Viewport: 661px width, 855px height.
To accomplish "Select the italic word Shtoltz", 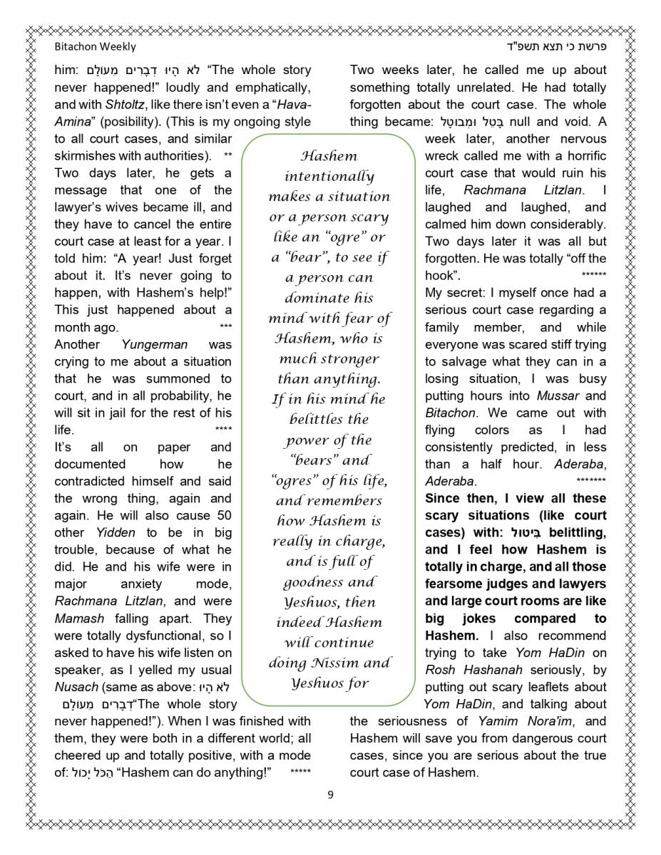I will click(125, 104).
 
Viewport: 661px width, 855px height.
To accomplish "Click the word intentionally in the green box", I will click(329, 176).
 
